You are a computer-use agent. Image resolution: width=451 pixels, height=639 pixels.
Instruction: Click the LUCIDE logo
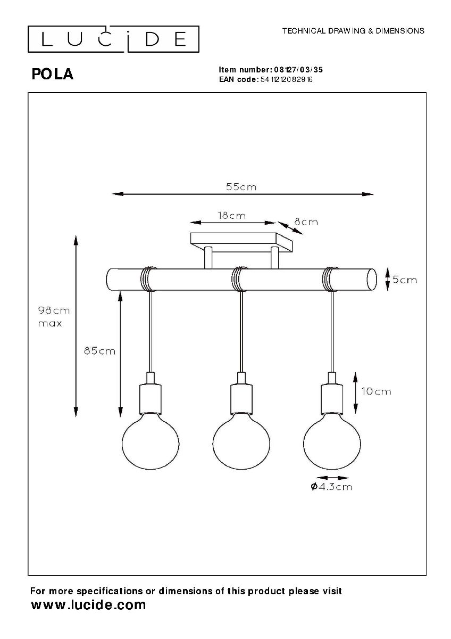[x=113, y=38]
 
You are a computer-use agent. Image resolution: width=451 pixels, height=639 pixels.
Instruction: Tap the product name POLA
[x=53, y=75]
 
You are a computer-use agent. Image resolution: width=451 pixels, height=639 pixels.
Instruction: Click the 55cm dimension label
[x=241, y=187]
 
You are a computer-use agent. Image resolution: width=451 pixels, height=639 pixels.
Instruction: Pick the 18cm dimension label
[x=232, y=216]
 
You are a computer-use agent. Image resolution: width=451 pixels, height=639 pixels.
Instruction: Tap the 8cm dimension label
[x=306, y=222]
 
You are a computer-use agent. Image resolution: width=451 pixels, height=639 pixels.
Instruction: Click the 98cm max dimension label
[x=54, y=316]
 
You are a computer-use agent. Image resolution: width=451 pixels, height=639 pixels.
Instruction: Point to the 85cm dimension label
[x=99, y=351]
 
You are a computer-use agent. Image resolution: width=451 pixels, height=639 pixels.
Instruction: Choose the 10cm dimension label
[x=376, y=391]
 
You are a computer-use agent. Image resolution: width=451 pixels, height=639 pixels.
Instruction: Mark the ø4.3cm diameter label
[x=330, y=486]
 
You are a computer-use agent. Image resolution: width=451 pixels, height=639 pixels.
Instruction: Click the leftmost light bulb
[x=151, y=441]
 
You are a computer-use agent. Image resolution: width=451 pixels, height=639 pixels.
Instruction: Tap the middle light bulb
[x=241, y=441]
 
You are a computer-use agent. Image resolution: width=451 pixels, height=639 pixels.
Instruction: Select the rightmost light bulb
[x=332, y=441]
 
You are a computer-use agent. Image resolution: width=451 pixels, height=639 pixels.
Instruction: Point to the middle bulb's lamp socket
[x=241, y=399]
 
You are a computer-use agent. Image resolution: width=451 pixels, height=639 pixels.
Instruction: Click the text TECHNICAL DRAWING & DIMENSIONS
[x=353, y=31]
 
